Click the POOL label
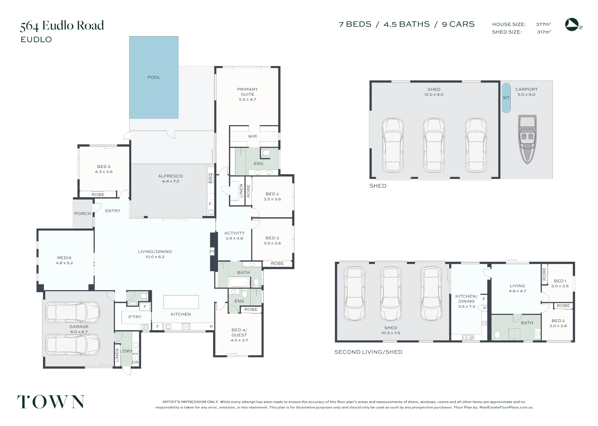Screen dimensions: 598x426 point(154,77)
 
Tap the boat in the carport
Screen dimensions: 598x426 point(527,140)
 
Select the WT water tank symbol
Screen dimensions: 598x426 point(506,98)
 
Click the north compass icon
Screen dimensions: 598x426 point(573,24)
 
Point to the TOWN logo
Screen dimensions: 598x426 point(51,402)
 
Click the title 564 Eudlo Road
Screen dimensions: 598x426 point(62,26)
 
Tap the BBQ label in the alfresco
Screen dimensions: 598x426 point(210,178)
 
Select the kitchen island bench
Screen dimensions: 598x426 point(181,302)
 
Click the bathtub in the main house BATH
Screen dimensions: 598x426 point(239,282)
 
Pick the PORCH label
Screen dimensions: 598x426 point(83,214)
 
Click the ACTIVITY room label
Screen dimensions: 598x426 point(234,233)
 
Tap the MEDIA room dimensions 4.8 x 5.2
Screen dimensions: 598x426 point(64,263)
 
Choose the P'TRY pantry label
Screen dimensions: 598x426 point(135,317)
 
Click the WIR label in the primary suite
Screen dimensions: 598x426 point(252,136)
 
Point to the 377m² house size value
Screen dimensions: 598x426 point(544,24)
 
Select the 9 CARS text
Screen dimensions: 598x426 point(458,24)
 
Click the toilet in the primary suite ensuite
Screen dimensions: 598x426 point(265,153)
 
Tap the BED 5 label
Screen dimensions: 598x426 point(104,167)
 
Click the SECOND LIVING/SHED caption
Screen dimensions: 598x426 point(368,352)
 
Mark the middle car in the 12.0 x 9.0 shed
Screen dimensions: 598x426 point(434,145)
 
